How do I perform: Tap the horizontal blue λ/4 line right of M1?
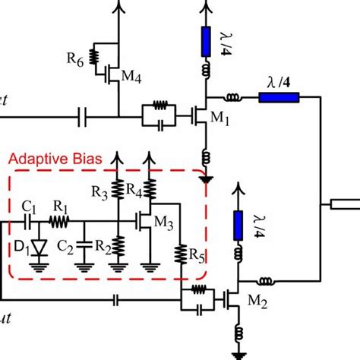point(279,96)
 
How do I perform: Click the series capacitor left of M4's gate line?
point(85,117)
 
